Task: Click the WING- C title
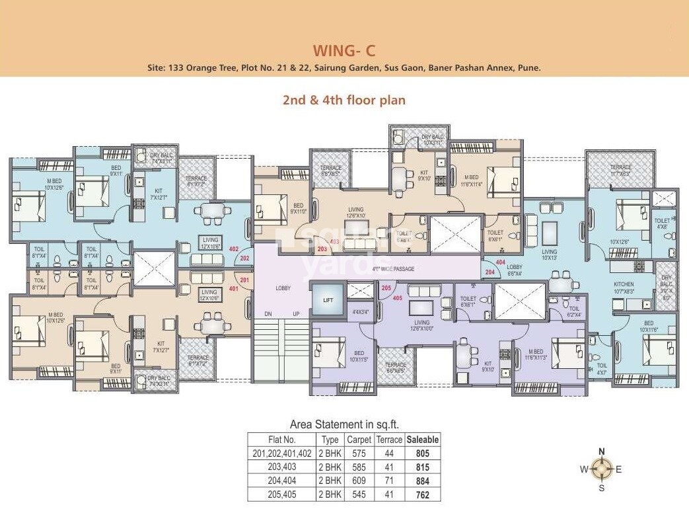click(344, 50)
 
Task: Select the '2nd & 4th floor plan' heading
click(344, 100)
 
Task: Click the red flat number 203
click(322, 249)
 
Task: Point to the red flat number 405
click(397, 297)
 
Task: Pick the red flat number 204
click(490, 272)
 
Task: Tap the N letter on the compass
click(601, 452)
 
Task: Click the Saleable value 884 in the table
click(423, 481)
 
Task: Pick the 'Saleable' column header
click(423, 440)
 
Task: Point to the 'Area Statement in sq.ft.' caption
click(344, 424)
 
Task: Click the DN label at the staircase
click(268, 314)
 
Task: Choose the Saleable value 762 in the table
click(423, 494)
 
